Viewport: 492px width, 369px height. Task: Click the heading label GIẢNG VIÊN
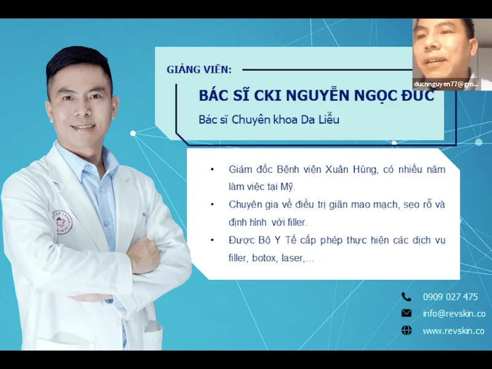[x=199, y=69]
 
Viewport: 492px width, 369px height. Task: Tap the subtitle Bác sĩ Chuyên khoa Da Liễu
[x=269, y=119]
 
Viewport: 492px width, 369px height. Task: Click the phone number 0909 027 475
[x=450, y=296]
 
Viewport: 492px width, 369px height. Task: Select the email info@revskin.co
[x=453, y=313]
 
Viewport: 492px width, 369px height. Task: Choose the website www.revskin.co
[x=453, y=331]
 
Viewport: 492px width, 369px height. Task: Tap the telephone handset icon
[x=407, y=296]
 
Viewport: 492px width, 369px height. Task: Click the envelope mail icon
[x=407, y=313]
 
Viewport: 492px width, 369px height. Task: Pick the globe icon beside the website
[x=407, y=331]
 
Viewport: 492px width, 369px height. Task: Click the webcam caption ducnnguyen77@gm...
[x=446, y=83]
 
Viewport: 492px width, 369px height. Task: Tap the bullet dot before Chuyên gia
[x=212, y=204]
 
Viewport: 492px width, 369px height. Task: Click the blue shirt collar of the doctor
[x=92, y=161]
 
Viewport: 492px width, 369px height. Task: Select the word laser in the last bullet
[x=292, y=258]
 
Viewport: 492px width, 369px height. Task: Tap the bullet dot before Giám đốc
[x=212, y=169]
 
